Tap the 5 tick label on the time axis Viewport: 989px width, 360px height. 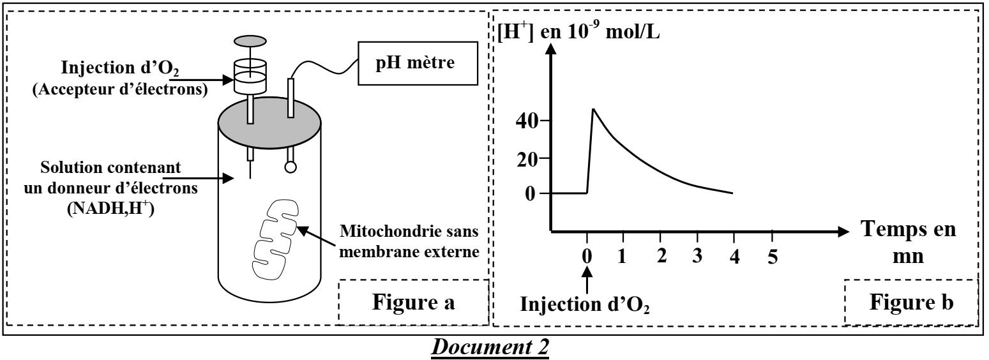pos(773,258)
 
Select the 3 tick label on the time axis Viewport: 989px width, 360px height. pos(697,258)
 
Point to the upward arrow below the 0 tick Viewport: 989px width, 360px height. pos(587,280)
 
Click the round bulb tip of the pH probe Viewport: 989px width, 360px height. pos(291,167)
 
